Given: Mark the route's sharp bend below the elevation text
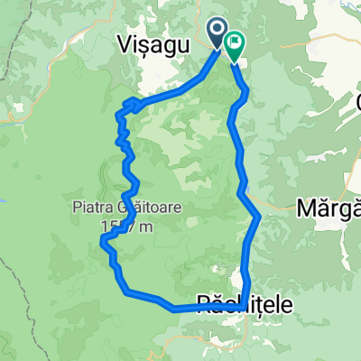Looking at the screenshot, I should (103, 241).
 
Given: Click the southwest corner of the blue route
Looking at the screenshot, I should (125, 291).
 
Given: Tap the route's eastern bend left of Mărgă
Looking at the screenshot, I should (260, 217).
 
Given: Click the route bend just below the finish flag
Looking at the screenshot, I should (245, 90).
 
